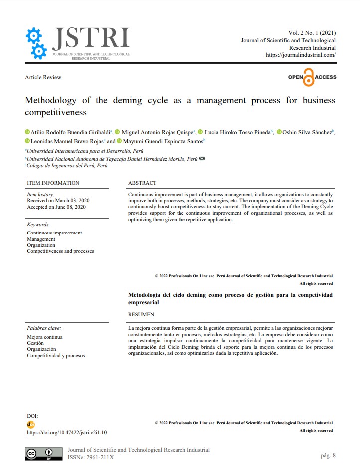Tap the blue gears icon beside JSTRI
(x=36, y=43)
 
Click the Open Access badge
(x=312, y=77)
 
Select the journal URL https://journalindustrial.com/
(x=300, y=55)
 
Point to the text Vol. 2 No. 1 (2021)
(x=312, y=32)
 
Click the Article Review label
(x=43, y=77)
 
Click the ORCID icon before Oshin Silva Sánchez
(x=279, y=132)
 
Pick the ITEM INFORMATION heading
(x=53, y=183)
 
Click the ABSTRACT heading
(x=142, y=183)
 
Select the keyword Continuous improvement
(x=54, y=233)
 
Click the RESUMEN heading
(x=141, y=314)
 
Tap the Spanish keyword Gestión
(x=35, y=343)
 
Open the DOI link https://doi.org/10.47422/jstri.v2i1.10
(x=67, y=432)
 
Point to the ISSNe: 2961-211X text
(x=91, y=457)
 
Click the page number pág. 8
(x=328, y=455)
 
